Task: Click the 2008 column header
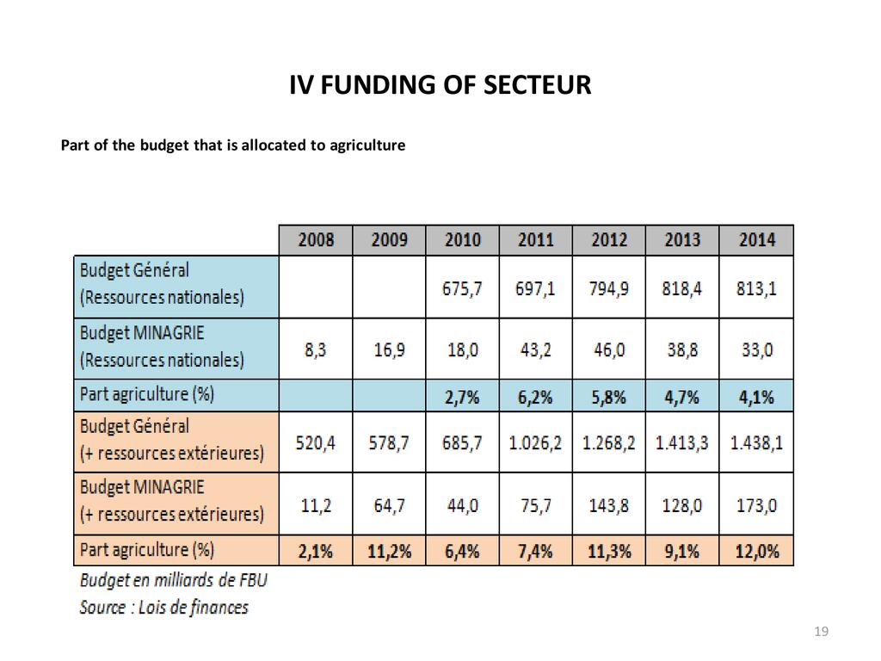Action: (x=316, y=240)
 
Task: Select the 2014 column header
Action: (x=756, y=240)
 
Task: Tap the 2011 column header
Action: (x=535, y=240)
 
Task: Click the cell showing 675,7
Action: (x=463, y=288)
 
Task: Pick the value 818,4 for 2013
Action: (x=682, y=288)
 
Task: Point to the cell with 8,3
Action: (x=316, y=350)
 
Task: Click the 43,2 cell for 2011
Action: (x=535, y=350)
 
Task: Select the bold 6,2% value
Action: (x=535, y=397)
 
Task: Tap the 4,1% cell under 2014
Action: (x=756, y=397)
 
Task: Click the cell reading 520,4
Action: (x=316, y=443)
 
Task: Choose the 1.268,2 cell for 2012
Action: (x=608, y=443)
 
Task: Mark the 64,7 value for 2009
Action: (x=389, y=505)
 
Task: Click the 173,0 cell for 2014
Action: (x=756, y=505)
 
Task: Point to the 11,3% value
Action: (x=608, y=551)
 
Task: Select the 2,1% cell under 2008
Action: (x=316, y=551)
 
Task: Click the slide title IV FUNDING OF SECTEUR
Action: (x=440, y=86)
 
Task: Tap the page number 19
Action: (x=821, y=633)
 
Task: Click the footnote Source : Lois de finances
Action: (x=163, y=607)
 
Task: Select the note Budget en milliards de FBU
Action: (x=173, y=579)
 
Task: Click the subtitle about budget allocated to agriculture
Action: (x=232, y=145)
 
